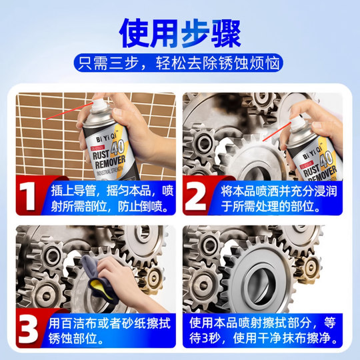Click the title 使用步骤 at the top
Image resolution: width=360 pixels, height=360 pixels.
[179, 30]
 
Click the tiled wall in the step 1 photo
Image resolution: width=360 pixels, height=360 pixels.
[40, 133]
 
